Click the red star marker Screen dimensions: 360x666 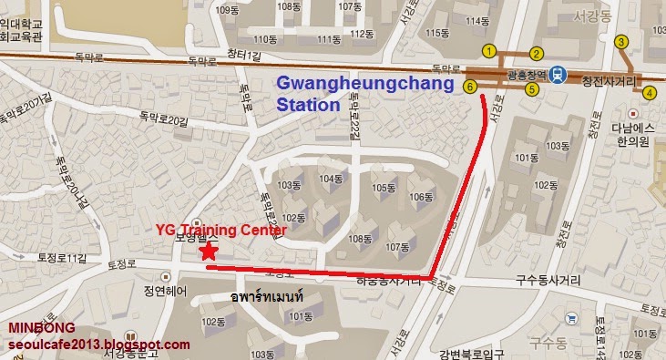[209, 251]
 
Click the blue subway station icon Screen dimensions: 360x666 [558, 77]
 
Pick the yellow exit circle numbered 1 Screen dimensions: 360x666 [490, 51]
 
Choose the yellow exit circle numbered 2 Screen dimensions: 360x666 [537, 53]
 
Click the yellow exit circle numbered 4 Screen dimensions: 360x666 [650, 92]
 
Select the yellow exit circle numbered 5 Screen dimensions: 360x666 [531, 88]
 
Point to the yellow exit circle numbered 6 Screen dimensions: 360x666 [470, 87]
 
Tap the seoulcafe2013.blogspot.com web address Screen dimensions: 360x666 [99, 344]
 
